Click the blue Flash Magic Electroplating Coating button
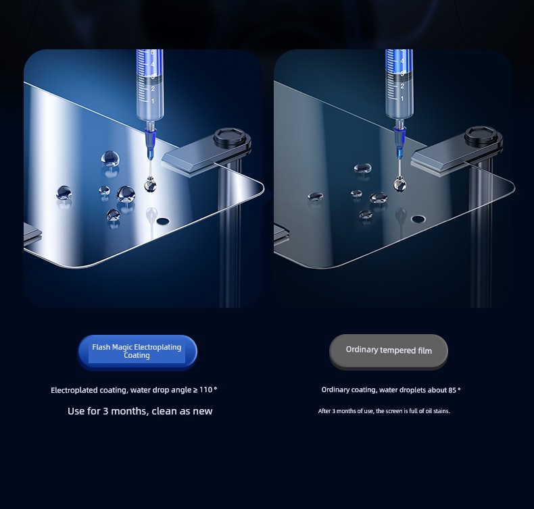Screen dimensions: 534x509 [x=137, y=352]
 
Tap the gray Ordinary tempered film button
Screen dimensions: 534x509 [x=388, y=351]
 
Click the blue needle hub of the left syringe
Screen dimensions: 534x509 [x=150, y=141]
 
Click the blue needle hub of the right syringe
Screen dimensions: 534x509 [x=399, y=141]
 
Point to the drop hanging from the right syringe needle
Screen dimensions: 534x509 [x=399, y=184]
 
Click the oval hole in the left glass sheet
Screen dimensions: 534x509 [x=163, y=221]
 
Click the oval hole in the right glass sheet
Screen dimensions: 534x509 [x=418, y=219]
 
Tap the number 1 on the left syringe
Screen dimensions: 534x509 [x=153, y=101]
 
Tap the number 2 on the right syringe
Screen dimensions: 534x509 [x=402, y=86]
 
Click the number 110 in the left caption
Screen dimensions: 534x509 [x=205, y=390]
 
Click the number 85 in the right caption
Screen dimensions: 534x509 [x=452, y=390]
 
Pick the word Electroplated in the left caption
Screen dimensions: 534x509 [x=74, y=390]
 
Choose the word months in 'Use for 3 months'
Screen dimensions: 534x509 [x=129, y=411]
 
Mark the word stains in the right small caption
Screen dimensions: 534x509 [x=441, y=411]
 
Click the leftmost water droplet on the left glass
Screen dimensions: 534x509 [x=64, y=192]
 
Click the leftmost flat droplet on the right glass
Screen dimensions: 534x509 [x=316, y=196]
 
